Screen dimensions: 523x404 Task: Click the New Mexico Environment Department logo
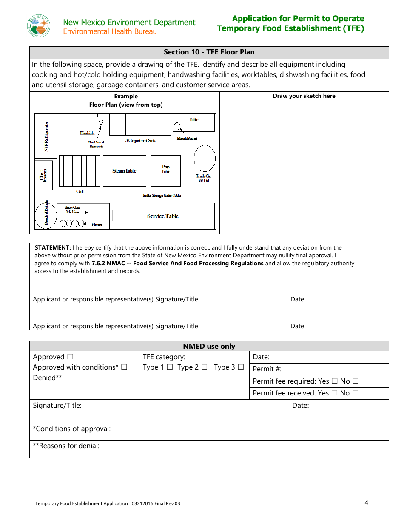click(x=39, y=26)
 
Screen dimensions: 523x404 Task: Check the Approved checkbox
click(x=70, y=357)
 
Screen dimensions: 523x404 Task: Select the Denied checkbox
click(x=67, y=378)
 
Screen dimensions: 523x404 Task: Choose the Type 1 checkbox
click(x=170, y=367)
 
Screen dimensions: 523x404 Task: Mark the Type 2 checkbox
click(x=205, y=367)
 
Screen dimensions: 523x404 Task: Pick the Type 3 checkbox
click(x=241, y=367)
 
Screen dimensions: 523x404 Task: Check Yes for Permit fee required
click(x=334, y=381)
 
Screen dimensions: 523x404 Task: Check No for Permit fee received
click(x=356, y=393)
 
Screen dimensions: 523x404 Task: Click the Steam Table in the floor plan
click(x=124, y=171)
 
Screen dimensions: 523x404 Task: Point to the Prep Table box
click(x=165, y=171)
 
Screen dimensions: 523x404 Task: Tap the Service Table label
click(x=162, y=216)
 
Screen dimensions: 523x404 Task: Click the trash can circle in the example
click(x=205, y=159)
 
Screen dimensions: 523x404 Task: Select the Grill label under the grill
click(x=80, y=192)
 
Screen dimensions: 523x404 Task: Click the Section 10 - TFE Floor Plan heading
click(x=209, y=52)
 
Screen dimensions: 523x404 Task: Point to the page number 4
click(x=366, y=503)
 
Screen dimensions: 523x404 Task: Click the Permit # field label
click(x=267, y=369)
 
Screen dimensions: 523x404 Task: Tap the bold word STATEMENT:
click(x=53, y=247)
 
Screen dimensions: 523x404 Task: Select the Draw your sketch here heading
click(x=304, y=96)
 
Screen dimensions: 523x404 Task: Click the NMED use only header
click(x=209, y=346)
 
